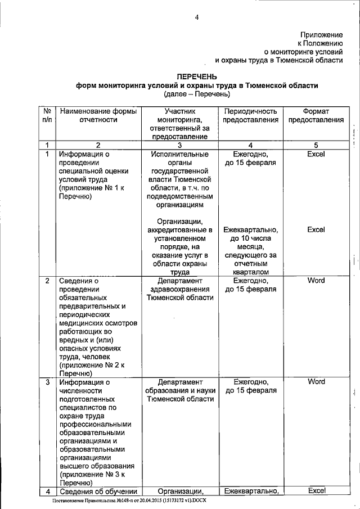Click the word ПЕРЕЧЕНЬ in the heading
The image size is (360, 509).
point(197,76)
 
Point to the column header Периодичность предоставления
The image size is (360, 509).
point(250,115)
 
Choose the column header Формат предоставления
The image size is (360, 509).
point(316,115)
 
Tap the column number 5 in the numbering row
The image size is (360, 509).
point(316,145)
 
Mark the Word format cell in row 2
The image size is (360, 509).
point(316,280)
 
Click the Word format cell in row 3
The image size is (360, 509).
point(316,382)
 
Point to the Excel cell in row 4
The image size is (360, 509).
point(316,490)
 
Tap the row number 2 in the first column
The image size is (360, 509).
point(48,281)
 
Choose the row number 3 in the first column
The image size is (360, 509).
point(48,382)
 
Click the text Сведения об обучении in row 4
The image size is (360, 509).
point(98,491)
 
